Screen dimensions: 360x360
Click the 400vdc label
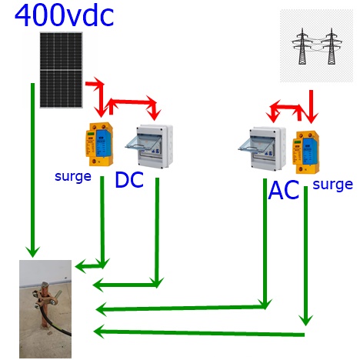click(64, 15)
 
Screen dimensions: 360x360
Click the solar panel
click(61, 70)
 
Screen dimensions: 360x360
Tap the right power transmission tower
click(332, 46)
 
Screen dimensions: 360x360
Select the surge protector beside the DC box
click(99, 144)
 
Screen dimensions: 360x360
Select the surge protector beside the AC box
click(306, 152)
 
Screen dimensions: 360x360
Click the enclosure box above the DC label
click(149, 146)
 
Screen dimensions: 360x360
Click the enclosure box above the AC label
click(262, 148)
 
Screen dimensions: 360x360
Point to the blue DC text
click(129, 180)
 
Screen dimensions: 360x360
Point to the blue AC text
click(284, 190)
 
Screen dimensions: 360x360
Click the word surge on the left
click(73, 177)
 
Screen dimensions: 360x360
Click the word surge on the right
click(333, 185)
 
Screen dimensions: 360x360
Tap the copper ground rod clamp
click(45, 297)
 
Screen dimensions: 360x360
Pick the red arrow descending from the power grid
click(312, 107)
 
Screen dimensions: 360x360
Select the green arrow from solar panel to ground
click(32, 170)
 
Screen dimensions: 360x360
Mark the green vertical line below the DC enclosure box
click(157, 232)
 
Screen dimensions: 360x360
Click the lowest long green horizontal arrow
click(199, 332)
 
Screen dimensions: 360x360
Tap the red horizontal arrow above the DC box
click(132, 102)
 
